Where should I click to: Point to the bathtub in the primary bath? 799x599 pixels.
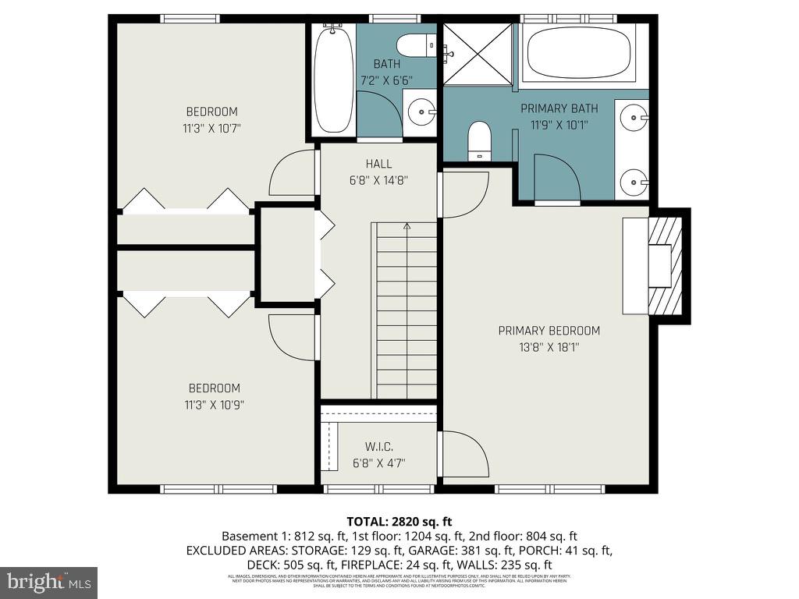(578, 52)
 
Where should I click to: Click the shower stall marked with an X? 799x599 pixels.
(478, 54)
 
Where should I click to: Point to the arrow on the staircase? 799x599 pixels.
(406, 227)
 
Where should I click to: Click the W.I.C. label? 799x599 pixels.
(378, 447)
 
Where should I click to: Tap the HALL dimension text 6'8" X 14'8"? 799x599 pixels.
(378, 179)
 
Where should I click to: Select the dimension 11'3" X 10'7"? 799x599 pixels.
(211, 128)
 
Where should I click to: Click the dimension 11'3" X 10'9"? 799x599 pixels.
(213, 405)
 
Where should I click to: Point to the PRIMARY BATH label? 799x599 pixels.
(559, 108)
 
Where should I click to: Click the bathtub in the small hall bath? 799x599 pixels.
(333, 78)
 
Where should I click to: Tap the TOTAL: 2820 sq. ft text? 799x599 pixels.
(399, 522)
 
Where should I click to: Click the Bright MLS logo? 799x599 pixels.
(48, 582)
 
